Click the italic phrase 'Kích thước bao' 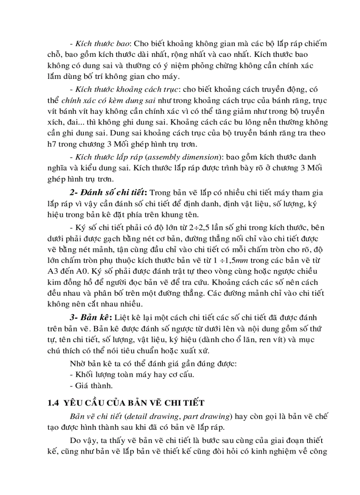(x=103, y=44)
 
